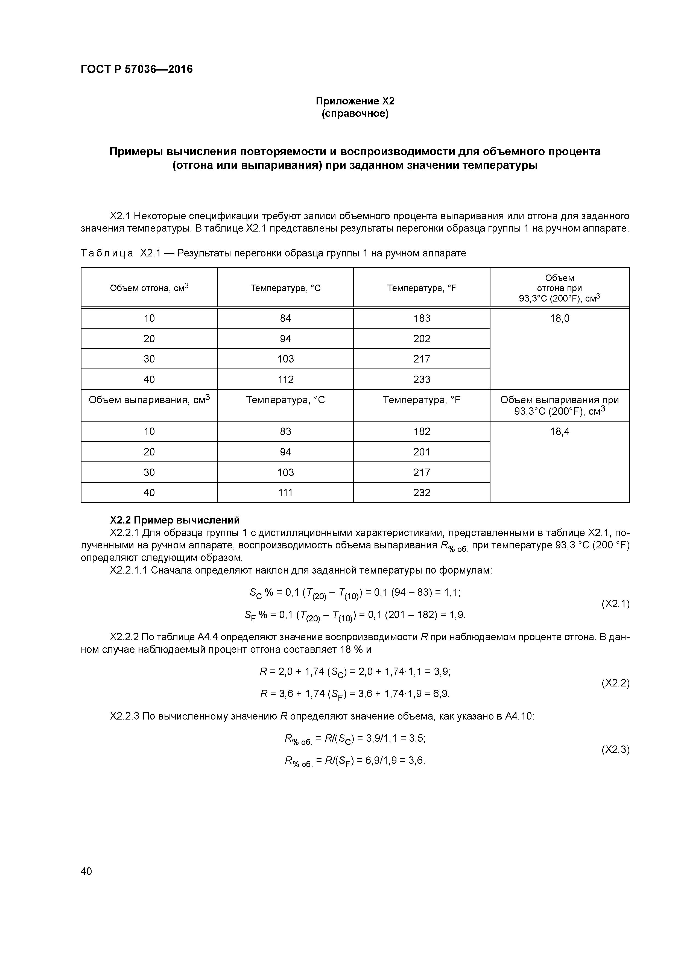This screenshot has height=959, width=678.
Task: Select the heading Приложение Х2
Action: click(x=355, y=101)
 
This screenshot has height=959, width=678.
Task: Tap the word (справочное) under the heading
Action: click(x=355, y=114)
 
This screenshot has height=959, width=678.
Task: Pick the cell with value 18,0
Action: click(x=559, y=318)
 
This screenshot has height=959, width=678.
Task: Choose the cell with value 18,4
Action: click(x=559, y=431)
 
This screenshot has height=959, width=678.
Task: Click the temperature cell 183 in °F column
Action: click(x=422, y=318)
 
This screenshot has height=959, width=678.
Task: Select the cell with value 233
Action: click(x=422, y=379)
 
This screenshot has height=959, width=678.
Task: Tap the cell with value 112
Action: click(x=285, y=379)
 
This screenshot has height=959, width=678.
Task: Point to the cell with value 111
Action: click(x=285, y=492)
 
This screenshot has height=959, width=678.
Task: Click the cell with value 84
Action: click(x=285, y=318)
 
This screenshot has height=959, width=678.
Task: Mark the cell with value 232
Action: click(x=422, y=492)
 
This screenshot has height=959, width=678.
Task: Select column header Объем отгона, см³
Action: click(x=149, y=288)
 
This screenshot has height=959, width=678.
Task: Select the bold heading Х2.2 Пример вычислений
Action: click(x=175, y=520)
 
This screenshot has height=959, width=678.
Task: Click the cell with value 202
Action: click(x=422, y=339)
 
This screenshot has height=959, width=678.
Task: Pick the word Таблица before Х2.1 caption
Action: click(x=107, y=253)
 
